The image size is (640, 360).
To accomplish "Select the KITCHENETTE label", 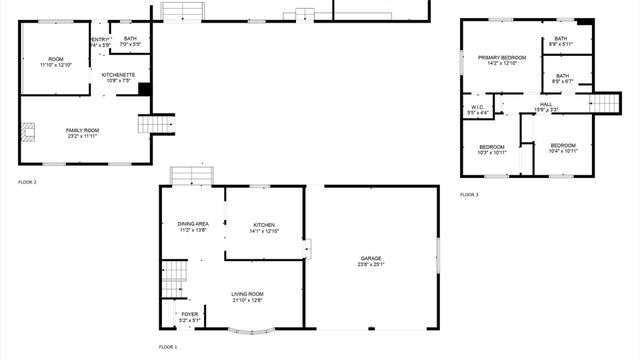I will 119,77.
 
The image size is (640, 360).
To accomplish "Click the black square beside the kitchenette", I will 144,89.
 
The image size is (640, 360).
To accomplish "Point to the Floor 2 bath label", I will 130,42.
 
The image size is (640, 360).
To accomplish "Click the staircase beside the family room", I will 149,124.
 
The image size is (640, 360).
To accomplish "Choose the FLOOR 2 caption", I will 27,182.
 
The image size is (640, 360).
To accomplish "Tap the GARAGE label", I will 371,262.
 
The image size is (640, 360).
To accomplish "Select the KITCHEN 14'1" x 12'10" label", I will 264,228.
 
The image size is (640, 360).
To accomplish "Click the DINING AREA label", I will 193,227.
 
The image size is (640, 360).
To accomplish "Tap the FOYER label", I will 189,316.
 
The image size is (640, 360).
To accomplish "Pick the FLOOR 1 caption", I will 168,347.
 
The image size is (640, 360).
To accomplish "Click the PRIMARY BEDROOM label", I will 501,61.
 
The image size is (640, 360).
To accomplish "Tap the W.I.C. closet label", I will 478,109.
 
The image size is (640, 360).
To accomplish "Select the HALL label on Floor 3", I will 546,106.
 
